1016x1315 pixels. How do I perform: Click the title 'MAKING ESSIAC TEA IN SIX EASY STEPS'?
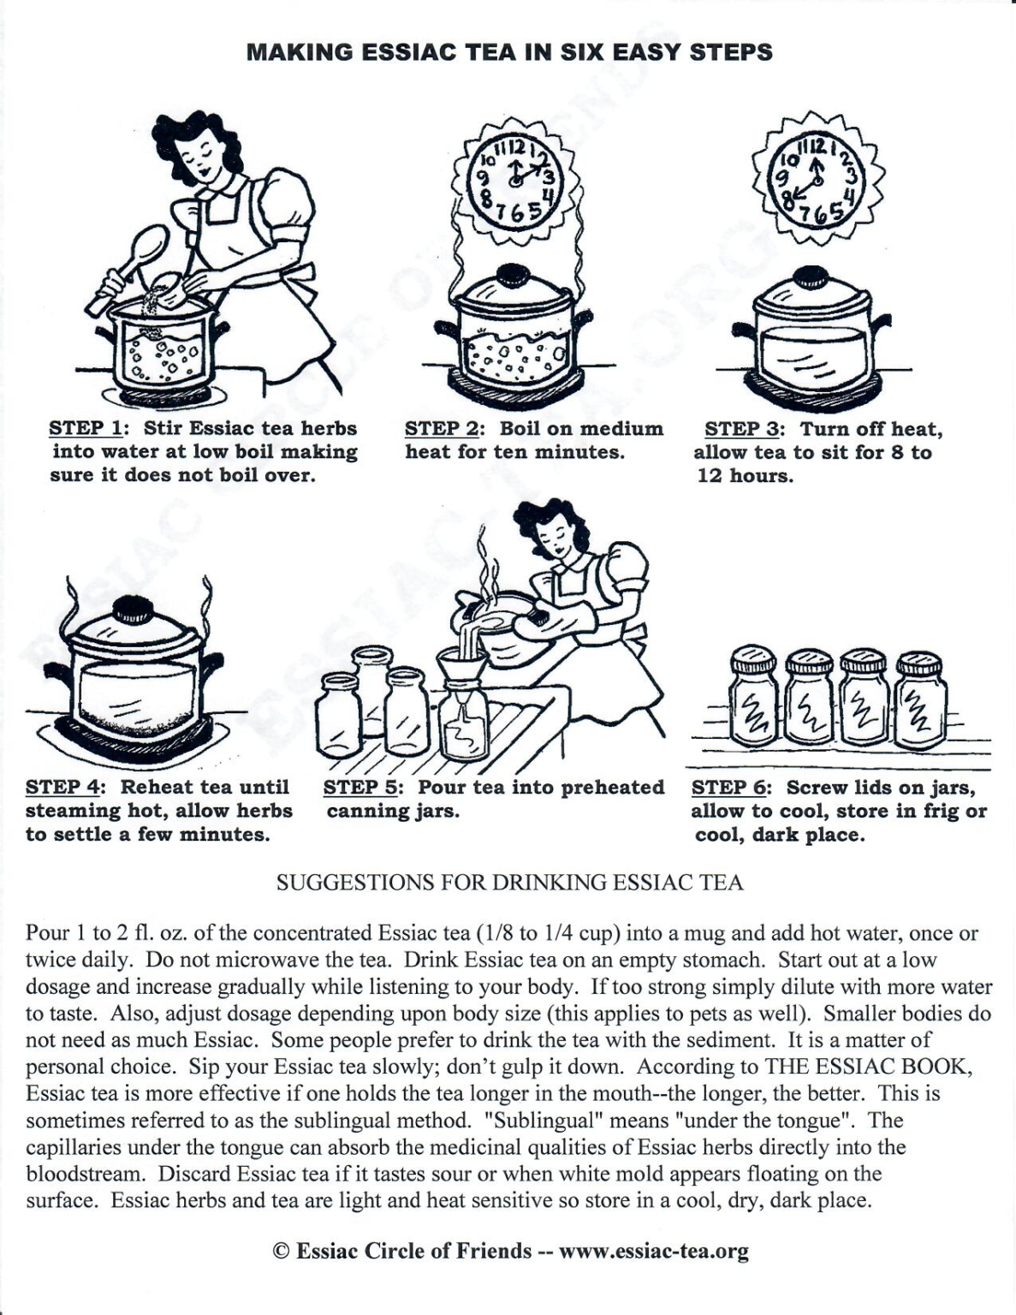508,52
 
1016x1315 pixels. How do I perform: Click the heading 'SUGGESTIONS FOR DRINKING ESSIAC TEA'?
509,883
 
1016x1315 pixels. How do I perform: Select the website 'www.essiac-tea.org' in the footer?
654,1251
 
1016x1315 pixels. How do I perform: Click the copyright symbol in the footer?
280,1251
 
